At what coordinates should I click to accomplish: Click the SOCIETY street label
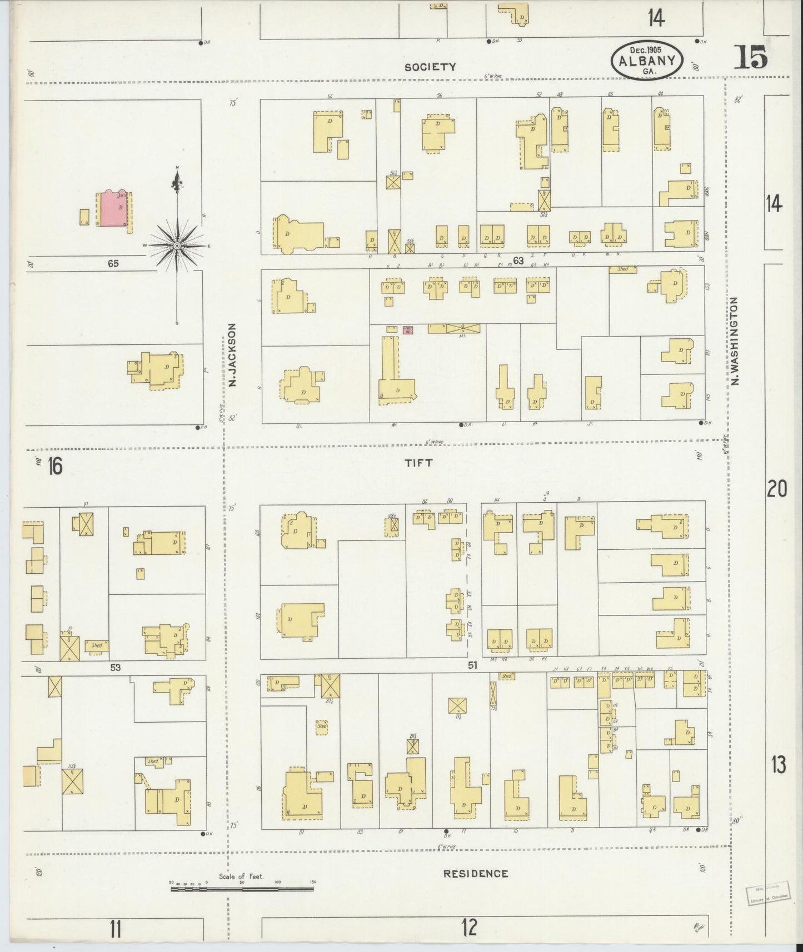pos(430,67)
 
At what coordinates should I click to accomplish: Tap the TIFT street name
pos(418,462)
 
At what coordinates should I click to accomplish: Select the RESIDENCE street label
pos(476,874)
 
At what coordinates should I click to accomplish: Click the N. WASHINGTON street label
pos(735,340)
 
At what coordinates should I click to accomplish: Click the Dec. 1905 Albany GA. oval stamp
pos(647,61)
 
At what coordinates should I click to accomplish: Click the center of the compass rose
pos(177,245)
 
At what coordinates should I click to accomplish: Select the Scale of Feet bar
pos(242,889)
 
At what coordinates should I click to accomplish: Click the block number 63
pos(519,260)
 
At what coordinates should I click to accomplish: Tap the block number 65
pos(114,264)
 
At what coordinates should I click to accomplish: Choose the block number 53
pos(115,667)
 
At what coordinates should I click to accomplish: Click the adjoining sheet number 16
pos(55,465)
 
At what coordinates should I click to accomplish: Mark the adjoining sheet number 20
pos(777,489)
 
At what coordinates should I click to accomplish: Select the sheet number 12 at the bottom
pos(470,927)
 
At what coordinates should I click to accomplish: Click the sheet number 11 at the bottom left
pos(115,929)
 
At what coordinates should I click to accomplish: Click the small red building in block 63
pos(408,330)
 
